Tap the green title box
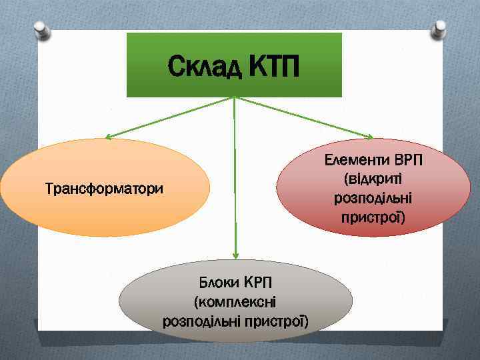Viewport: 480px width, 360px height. click(234, 50)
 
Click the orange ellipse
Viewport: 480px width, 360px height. click(67, 213)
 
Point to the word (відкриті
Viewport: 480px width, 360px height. click(375, 179)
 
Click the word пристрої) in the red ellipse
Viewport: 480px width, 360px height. click(375, 217)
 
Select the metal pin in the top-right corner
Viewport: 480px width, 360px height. click(440, 28)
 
